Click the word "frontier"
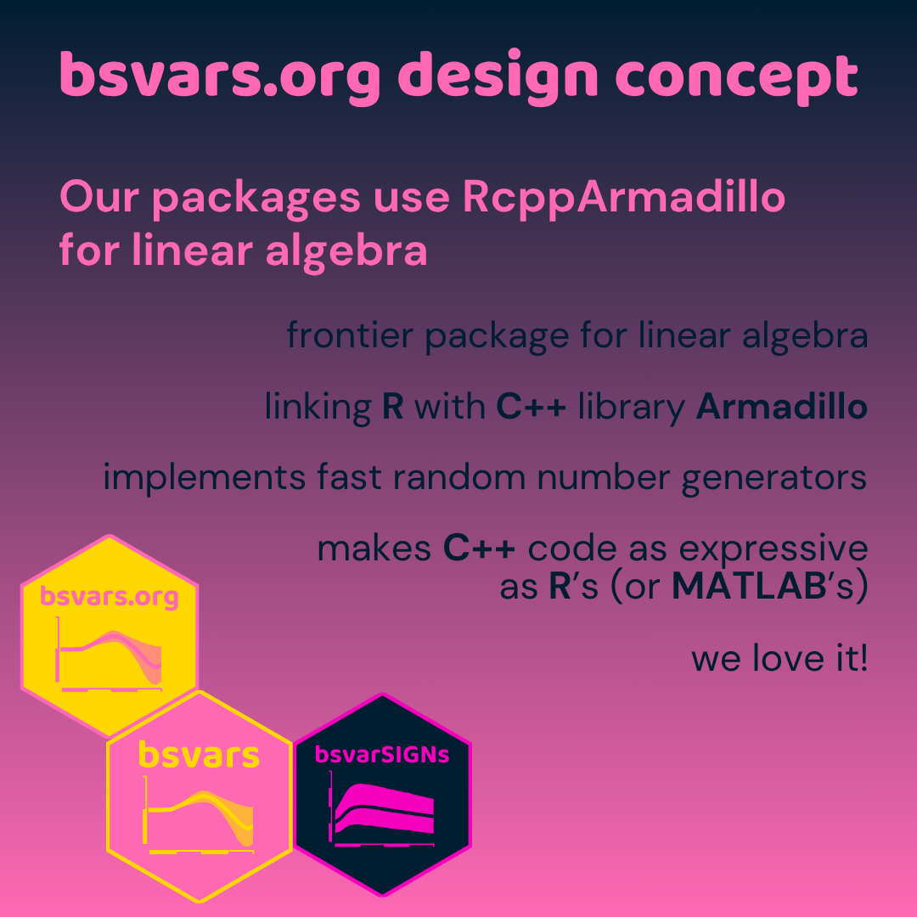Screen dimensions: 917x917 350,335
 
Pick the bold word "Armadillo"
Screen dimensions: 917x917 781,406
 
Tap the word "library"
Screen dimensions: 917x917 632,408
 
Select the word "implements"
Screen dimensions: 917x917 204,478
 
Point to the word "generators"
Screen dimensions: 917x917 774,479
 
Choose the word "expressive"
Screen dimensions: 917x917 774,549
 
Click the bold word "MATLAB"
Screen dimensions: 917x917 749,585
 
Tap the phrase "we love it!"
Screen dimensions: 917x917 779,657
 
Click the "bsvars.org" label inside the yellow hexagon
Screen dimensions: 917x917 110,597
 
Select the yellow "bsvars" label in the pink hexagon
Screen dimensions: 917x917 199,755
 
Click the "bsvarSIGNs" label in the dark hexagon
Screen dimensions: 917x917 382,755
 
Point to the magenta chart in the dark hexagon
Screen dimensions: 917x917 382,809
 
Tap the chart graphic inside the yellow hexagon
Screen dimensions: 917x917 109,654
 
